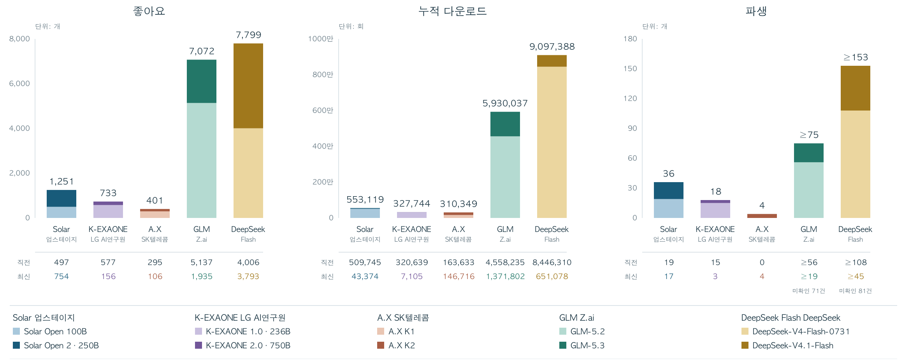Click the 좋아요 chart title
click(x=149, y=11)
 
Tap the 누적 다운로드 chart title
click(x=452, y=11)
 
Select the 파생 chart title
click(x=756, y=11)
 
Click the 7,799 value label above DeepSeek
click(x=248, y=35)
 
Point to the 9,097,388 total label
click(x=552, y=47)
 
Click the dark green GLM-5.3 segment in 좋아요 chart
click(x=202, y=81)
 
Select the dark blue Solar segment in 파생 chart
click(x=669, y=191)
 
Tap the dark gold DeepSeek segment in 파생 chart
click(x=856, y=88)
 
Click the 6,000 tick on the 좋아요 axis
click(x=19, y=83)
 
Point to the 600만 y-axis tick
click(x=323, y=110)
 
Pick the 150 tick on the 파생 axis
click(x=630, y=68)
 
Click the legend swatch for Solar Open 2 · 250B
click(x=16, y=345)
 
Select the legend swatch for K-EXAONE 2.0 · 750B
click(x=199, y=345)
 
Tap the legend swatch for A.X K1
click(x=381, y=331)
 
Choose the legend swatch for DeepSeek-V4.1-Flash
click(x=745, y=345)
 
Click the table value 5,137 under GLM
click(x=202, y=262)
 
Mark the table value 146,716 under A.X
click(x=459, y=276)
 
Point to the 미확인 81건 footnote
click(x=856, y=291)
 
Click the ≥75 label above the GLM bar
click(x=809, y=135)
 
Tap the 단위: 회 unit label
click(x=351, y=26)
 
